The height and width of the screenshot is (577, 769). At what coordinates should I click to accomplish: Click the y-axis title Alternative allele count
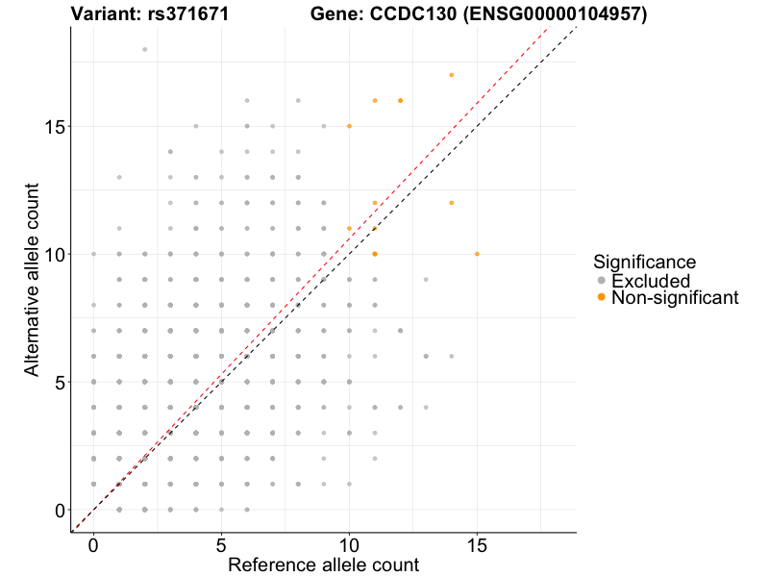point(34,279)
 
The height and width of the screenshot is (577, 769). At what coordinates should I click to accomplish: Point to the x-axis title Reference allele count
point(323,564)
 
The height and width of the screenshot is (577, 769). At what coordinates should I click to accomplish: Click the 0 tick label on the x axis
point(93,544)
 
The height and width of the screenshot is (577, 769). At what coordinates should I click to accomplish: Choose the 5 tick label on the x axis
point(221,544)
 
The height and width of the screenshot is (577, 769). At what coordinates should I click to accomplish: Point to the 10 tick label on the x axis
point(349,544)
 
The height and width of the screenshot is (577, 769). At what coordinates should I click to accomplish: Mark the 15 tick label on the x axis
point(477,544)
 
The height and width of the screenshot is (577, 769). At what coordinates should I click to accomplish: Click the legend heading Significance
point(644,262)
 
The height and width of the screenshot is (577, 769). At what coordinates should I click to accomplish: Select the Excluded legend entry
point(651,281)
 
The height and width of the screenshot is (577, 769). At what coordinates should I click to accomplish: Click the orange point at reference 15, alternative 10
point(477,254)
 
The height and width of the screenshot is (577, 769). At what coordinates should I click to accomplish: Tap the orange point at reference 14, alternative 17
point(451,75)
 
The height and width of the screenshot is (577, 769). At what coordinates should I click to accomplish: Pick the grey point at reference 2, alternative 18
point(144,49)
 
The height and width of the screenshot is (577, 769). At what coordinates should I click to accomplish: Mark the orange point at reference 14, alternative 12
point(451,203)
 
